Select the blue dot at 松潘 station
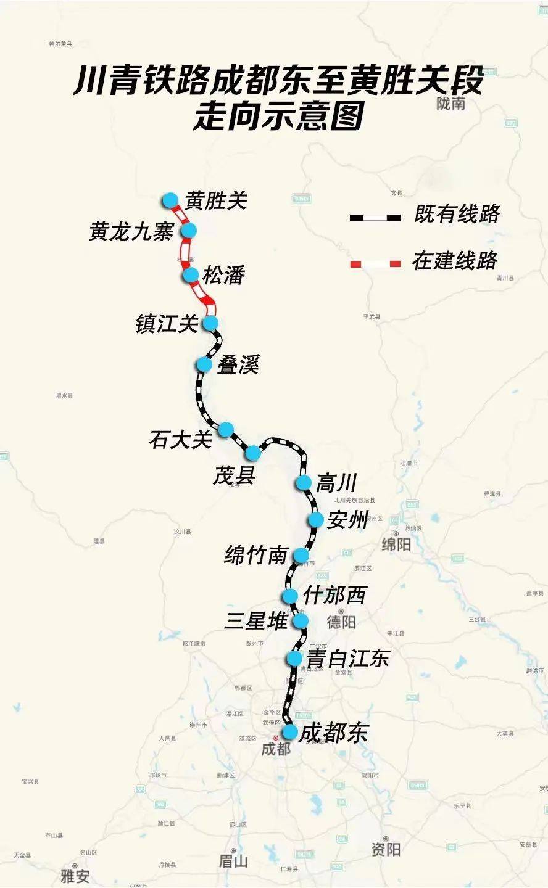point(190,275)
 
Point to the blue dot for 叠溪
point(204,364)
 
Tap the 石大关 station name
point(180,440)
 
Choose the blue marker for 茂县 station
point(253,453)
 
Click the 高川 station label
point(337,483)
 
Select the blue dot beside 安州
point(316,520)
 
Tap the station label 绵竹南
point(255,556)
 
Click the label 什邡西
point(334,595)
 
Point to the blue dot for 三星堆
point(301,620)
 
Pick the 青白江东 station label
point(348,659)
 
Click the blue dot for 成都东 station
point(289,732)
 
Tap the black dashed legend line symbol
point(375,218)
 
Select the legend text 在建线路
point(455,261)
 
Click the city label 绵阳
point(396,545)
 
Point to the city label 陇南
point(450,104)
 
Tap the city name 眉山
point(233,861)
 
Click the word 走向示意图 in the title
point(279,115)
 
